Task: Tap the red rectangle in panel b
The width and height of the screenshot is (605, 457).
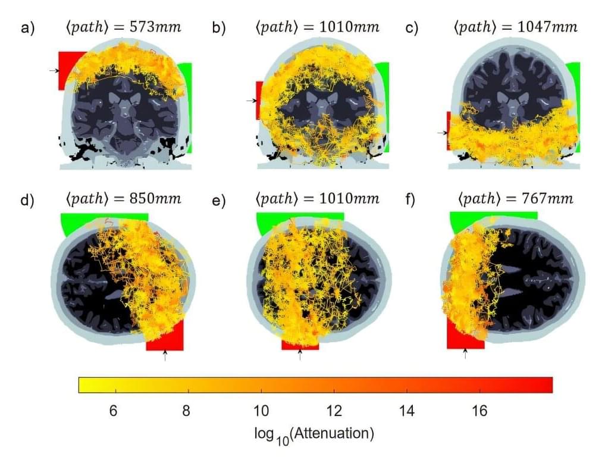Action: pos(258,100)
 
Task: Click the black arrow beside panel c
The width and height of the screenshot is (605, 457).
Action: pos(442,133)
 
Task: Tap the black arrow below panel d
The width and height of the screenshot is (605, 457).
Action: pos(165,355)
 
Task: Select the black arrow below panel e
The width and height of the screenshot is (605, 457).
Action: pos(300,355)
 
